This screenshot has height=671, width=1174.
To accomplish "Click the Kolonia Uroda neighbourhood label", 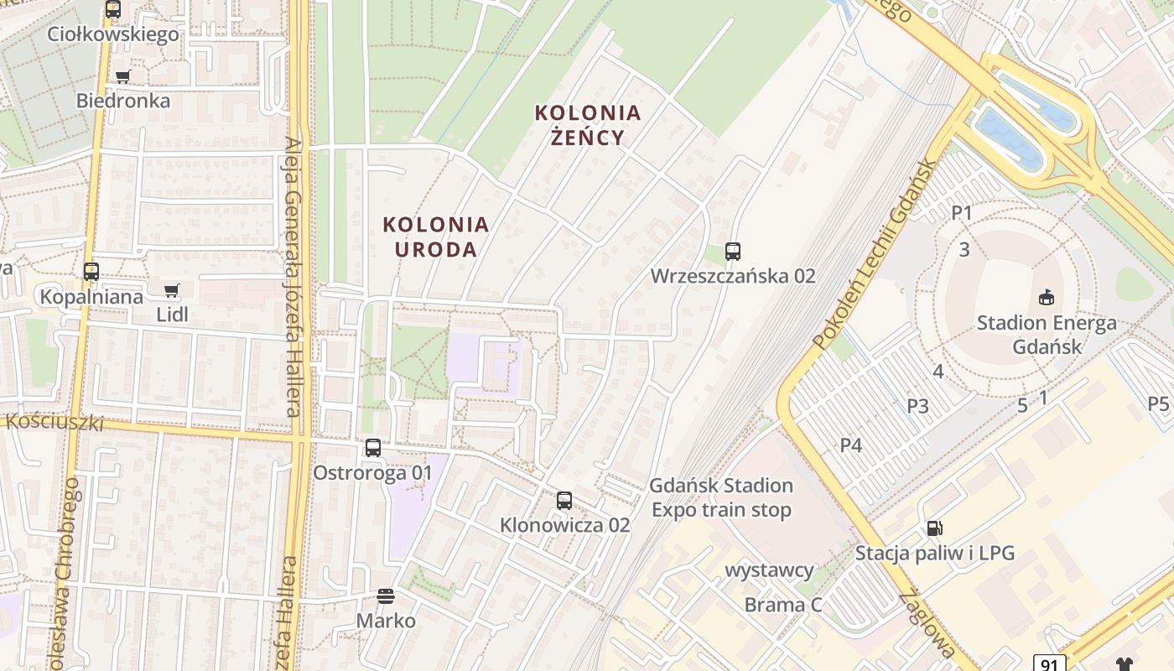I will coord(435,237).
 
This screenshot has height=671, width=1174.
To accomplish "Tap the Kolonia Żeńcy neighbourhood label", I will coord(588,124).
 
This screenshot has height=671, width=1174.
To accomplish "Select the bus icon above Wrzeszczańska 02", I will coord(733,251).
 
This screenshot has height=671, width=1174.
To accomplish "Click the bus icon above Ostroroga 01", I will coord(373,448).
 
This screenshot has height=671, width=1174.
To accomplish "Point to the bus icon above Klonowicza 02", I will coord(564,501).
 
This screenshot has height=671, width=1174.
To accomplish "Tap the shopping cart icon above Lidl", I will coord(172,291).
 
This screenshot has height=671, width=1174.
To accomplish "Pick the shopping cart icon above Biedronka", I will coord(123,77).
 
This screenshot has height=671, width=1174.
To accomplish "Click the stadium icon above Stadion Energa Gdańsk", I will coord(1047,297).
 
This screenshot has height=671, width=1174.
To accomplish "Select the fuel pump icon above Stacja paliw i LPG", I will coord(934,528).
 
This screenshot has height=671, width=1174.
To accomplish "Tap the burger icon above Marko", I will coord(386,596).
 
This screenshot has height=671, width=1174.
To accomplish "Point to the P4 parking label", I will coord(851,445).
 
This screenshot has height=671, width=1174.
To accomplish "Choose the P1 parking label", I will coord(962,213).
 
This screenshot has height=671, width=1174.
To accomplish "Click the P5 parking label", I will coord(1159,404).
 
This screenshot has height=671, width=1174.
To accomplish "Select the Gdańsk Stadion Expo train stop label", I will coord(721,497).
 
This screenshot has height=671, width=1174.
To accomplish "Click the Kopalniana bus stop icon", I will coord(91,272).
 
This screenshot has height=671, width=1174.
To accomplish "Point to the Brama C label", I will coord(783,605).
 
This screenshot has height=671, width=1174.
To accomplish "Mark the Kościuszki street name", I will coord(55,421).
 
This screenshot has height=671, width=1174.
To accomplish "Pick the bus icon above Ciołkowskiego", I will coord(113,10).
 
